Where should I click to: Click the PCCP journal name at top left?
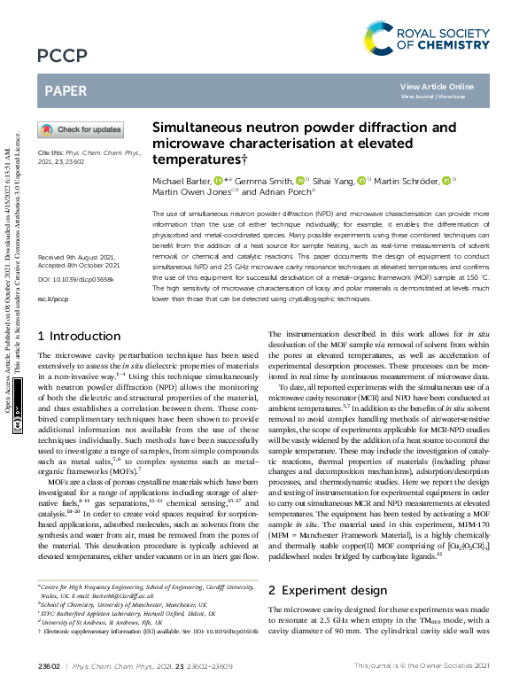(x=62, y=56)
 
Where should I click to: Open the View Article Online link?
(x=437, y=86)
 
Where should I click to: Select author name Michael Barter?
(x=186, y=181)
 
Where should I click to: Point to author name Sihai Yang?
(x=333, y=181)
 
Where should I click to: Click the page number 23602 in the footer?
(x=50, y=664)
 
